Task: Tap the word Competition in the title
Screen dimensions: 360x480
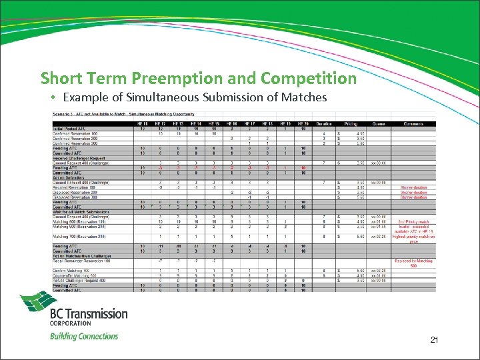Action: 309,78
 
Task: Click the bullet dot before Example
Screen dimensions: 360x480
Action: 51,98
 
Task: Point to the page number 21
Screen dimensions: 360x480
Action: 434,341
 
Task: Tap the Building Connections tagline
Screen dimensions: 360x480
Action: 84,337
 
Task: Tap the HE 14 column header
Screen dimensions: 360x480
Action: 195,125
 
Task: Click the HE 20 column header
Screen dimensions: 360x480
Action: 303,125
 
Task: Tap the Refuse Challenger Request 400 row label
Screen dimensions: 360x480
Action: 81,279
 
